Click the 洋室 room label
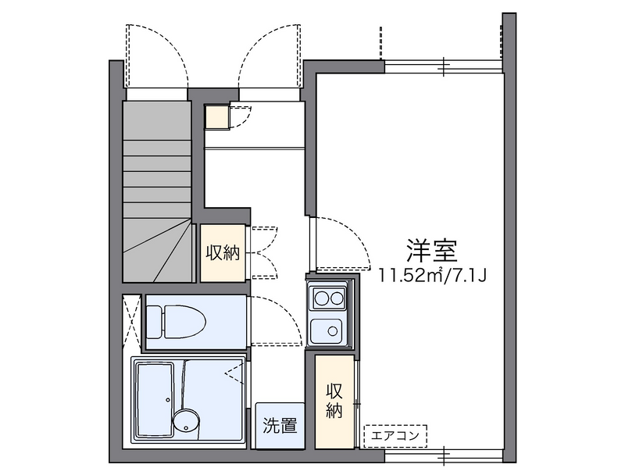point(432,250)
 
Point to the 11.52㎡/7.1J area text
point(433,275)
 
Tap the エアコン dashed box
point(395,436)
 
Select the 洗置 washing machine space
point(280,426)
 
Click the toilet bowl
point(184,322)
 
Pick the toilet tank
point(154,322)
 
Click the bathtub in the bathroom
point(155,399)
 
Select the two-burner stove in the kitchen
point(329,298)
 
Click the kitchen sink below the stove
point(326,330)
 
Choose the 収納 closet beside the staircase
point(223,253)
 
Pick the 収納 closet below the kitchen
point(334,401)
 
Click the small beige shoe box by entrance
point(217,116)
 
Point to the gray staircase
point(158,191)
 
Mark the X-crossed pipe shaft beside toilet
point(132,322)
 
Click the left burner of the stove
point(320,298)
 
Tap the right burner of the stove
point(337,298)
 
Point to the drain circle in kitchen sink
point(333,330)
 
